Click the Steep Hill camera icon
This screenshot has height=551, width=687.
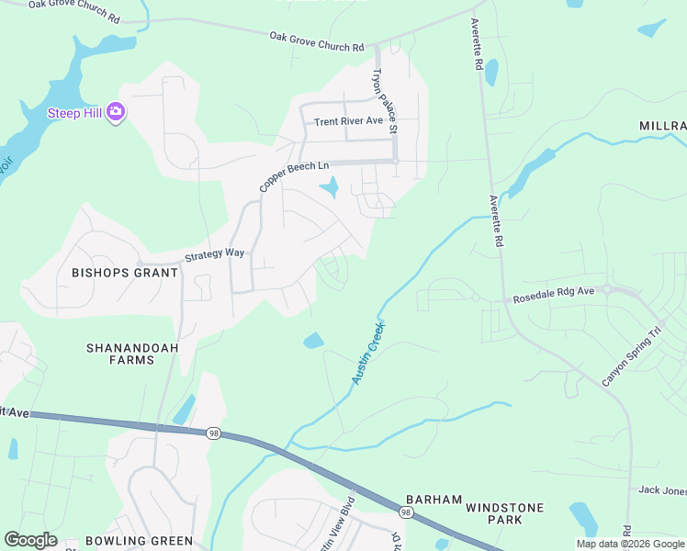116,112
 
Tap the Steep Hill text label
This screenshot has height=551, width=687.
75,113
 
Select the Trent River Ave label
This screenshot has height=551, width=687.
348,121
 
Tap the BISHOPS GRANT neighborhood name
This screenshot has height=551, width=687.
125,273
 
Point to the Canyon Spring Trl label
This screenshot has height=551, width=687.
631,356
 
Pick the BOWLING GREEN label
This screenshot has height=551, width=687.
139,541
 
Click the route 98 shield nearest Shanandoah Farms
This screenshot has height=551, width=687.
213,433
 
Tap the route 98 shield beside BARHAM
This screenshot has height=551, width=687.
405,511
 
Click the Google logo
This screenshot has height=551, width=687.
30,540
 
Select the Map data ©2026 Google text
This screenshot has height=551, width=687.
631,544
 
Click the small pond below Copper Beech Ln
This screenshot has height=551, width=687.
328,189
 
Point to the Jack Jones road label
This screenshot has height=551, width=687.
662,491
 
